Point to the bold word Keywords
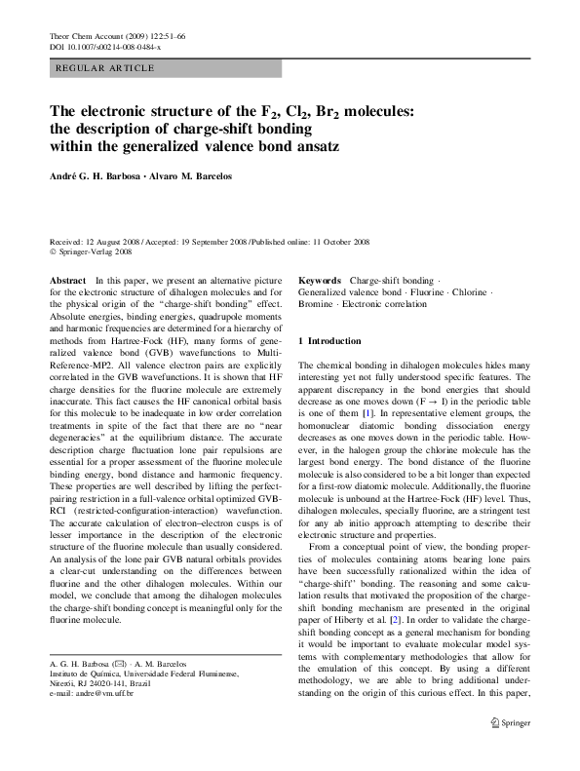click(x=320, y=280)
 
